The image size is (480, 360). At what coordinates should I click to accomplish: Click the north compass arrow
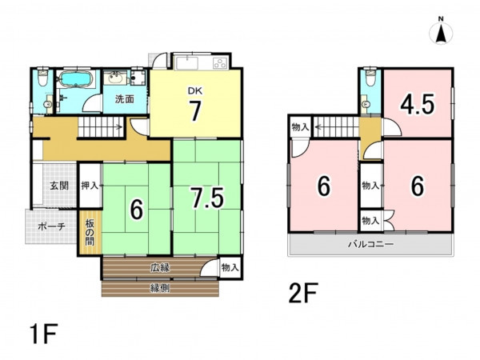point(441,33)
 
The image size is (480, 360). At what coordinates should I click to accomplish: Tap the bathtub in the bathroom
point(75,79)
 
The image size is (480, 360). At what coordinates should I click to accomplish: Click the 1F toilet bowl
point(42,78)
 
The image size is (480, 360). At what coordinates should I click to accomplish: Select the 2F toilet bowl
point(370,78)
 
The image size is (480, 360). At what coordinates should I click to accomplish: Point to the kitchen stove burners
point(220,63)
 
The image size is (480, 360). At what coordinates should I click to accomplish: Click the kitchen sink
point(186,63)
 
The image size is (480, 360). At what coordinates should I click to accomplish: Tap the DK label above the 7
point(195,90)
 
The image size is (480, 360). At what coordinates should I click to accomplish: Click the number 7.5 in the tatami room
point(207,198)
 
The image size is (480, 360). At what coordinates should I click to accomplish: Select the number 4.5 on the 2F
point(418,105)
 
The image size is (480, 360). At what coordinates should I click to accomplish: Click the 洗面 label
point(125,99)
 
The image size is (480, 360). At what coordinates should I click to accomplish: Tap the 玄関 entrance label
point(59,186)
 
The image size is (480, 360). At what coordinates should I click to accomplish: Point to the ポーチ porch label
point(51,227)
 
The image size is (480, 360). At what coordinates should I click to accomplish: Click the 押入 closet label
point(90,186)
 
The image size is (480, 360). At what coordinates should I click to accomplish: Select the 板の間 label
point(90,233)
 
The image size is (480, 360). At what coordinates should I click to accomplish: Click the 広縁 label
point(160,268)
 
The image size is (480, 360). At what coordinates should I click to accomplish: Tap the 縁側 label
point(160,288)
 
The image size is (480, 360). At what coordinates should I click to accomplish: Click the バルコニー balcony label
point(370,244)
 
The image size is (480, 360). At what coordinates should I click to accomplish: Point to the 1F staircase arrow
point(118,126)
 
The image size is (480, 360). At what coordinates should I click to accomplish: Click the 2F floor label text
point(303,294)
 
